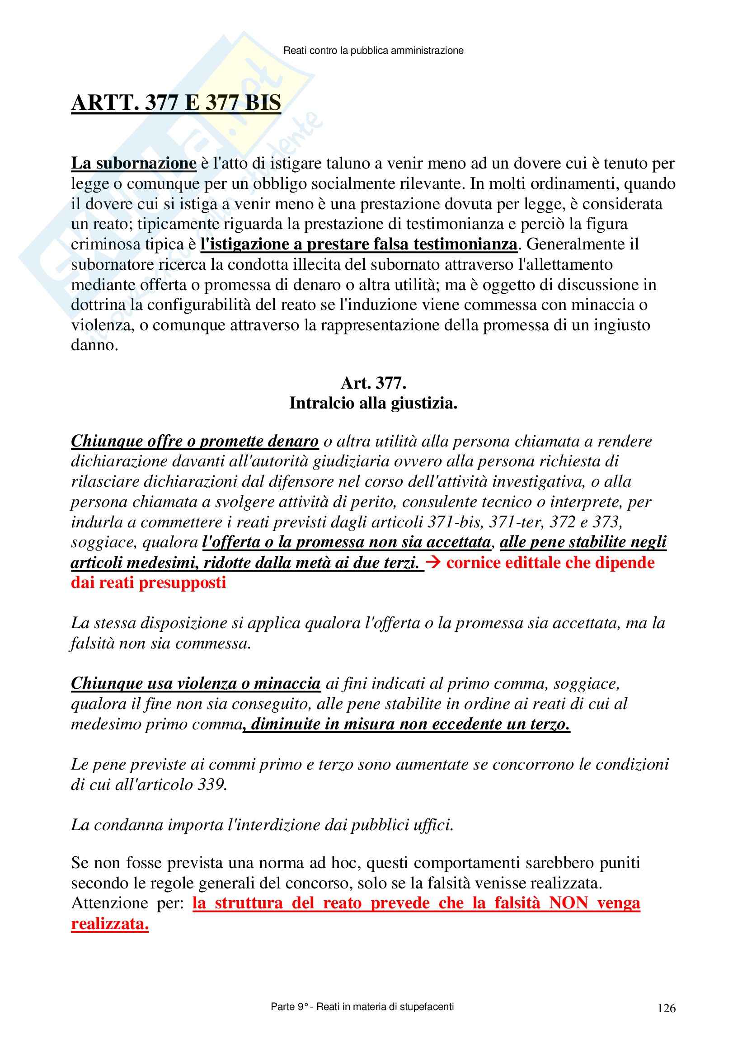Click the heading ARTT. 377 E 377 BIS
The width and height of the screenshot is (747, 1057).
tap(176, 102)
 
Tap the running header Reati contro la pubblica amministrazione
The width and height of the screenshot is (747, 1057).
tap(373, 51)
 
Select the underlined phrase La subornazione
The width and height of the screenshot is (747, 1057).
tap(133, 164)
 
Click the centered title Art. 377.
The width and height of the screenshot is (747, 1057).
tap(373, 383)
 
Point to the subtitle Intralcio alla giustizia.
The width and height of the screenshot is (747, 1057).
tap(373, 403)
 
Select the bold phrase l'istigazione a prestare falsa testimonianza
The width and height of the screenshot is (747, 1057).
tap(359, 244)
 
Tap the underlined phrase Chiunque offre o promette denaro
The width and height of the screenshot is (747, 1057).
tap(195, 441)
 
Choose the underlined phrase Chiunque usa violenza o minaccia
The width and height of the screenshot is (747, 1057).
tap(196, 684)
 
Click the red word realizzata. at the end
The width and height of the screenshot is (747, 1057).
tap(109, 924)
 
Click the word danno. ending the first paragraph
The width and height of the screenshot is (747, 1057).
tap(94, 345)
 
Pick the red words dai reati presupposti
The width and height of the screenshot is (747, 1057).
tap(148, 583)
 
